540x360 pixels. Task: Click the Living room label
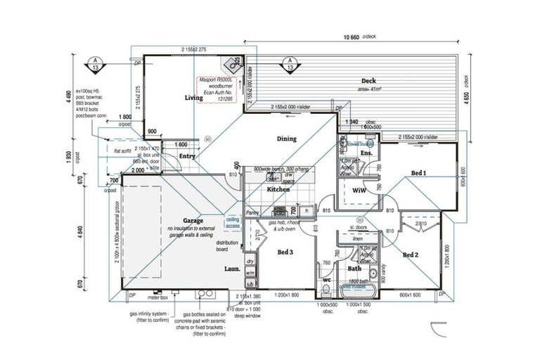click(x=193, y=98)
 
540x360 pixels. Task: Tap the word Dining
click(x=287, y=139)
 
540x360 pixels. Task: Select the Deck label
click(x=370, y=81)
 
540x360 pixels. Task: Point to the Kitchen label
click(x=278, y=190)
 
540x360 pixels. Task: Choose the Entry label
click(x=187, y=156)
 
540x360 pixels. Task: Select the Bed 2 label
click(x=411, y=255)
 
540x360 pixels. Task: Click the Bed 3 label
click(x=285, y=252)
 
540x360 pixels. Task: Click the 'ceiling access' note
click(x=233, y=223)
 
